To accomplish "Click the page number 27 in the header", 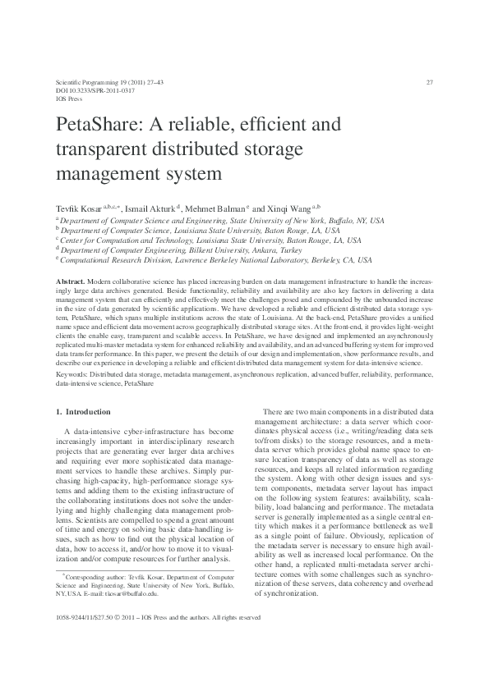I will (430, 83).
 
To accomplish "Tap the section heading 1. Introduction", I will (82, 410).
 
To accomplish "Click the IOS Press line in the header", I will (69, 98).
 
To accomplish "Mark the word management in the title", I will (104, 174).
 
